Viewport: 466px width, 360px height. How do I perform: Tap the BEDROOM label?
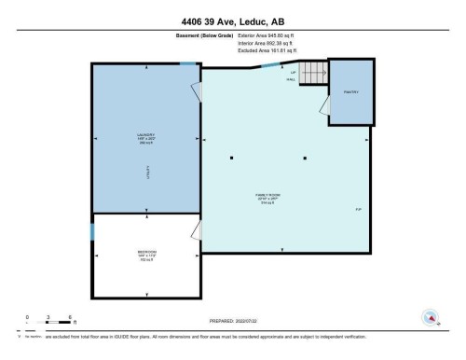coord(145,255)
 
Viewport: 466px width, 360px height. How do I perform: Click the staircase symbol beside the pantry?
coord(314,73)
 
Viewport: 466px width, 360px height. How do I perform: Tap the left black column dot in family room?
coord(231,158)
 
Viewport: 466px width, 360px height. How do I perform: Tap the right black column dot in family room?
coord(305,158)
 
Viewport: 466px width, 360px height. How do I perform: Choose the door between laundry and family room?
coord(196,93)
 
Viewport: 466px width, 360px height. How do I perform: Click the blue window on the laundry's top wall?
coord(187,63)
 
